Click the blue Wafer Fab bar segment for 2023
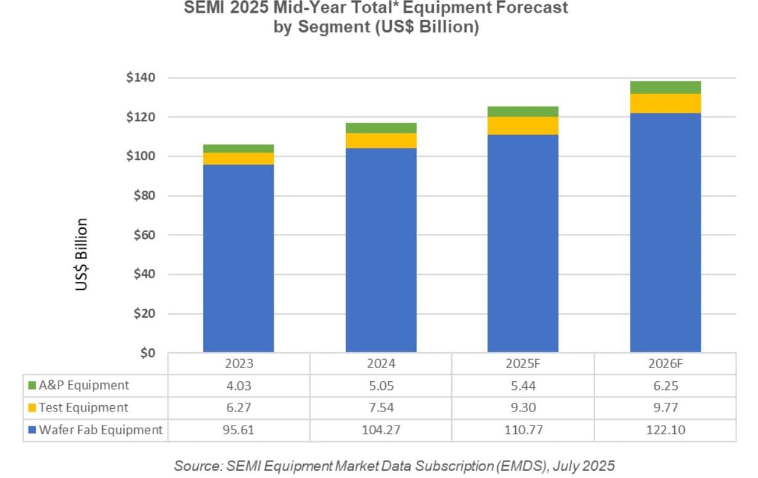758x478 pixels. point(238,259)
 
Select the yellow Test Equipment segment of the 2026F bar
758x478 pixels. point(665,104)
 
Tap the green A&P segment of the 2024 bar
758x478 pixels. point(381,128)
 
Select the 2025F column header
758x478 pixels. point(523,364)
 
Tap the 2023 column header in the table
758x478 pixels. point(238,364)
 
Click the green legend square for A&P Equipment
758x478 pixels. point(33,386)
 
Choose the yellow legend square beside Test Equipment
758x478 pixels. point(33,408)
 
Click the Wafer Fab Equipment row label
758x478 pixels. point(101,430)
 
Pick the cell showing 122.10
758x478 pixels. point(665,430)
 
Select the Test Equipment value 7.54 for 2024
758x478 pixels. point(381,408)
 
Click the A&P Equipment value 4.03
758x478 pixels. point(238,386)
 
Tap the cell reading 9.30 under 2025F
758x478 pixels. point(523,408)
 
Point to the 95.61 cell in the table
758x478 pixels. point(238,430)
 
